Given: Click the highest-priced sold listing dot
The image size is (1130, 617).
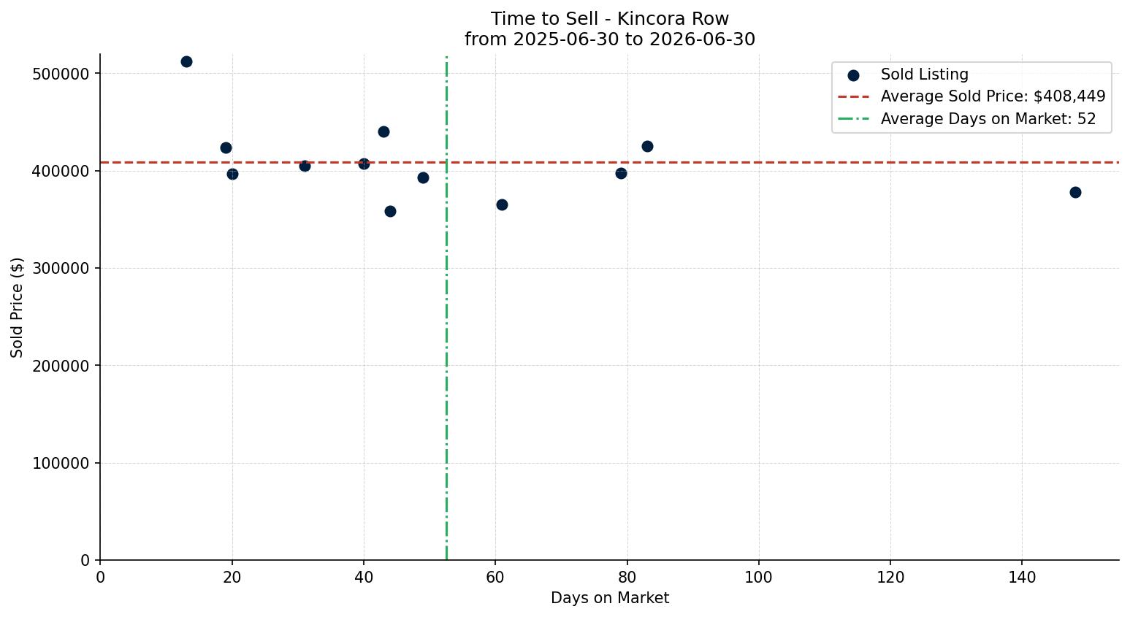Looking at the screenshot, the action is point(186,61).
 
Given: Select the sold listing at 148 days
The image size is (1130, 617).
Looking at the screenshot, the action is point(1075,192).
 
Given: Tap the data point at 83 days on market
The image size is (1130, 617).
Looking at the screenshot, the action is point(647,146).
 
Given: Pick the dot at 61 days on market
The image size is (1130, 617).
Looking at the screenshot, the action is point(502,204).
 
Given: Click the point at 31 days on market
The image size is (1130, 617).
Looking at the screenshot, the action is point(305,166).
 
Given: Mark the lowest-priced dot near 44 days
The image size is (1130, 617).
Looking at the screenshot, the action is point(390,211).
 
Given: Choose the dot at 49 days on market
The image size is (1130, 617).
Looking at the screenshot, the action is point(423,177).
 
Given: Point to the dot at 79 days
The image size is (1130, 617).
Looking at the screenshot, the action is point(621,173).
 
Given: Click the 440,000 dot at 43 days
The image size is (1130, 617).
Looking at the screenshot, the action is point(383,131).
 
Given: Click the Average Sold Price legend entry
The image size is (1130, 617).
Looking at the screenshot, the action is point(971,96).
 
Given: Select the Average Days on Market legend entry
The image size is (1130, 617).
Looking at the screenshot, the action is point(966,119).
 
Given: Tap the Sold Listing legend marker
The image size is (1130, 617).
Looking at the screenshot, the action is point(853,75).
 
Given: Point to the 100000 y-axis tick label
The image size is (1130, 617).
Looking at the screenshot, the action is point(61,463).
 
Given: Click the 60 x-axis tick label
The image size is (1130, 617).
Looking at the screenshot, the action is point(495,577).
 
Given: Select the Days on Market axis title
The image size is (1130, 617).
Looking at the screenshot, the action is point(610,598).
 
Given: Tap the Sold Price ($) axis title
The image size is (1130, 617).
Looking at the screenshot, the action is point(17,307).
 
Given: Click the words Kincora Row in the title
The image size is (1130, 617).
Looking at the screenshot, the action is point(673,19).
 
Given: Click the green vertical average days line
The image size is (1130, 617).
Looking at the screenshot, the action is point(446,308).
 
